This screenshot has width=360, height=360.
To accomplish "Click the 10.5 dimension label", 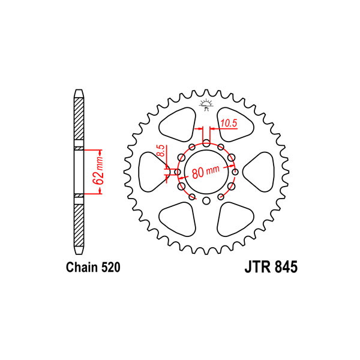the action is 229,123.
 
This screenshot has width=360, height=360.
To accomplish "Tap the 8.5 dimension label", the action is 162,151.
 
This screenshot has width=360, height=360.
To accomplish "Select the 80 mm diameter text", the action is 206,172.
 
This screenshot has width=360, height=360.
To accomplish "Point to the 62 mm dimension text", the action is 98,172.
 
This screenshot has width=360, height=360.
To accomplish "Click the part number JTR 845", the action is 271,267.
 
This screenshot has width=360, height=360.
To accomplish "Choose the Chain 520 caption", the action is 93,267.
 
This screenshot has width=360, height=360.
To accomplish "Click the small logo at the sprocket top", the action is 206,105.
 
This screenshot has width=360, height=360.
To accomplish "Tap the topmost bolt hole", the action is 206,143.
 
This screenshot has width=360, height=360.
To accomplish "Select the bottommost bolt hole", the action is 206,200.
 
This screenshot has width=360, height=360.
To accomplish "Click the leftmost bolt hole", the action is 178,172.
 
